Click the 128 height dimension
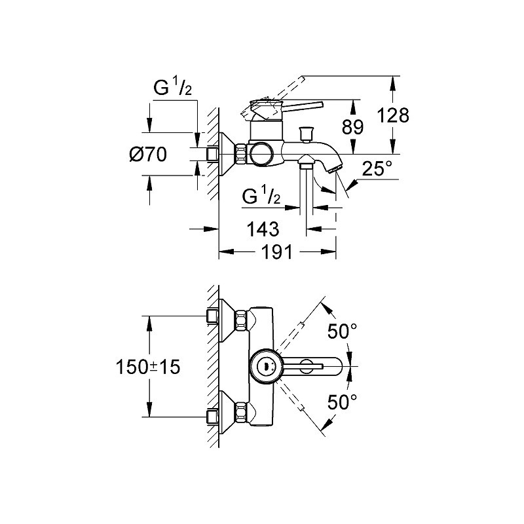coord(392,115)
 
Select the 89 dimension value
coord(352,127)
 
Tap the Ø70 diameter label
coord(148,155)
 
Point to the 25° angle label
coord(377,168)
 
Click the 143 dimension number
coord(263,229)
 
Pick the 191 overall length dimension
coord(276,252)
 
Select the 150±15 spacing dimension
coord(148,367)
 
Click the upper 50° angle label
coord(342,331)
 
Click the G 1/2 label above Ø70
coord(172,87)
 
